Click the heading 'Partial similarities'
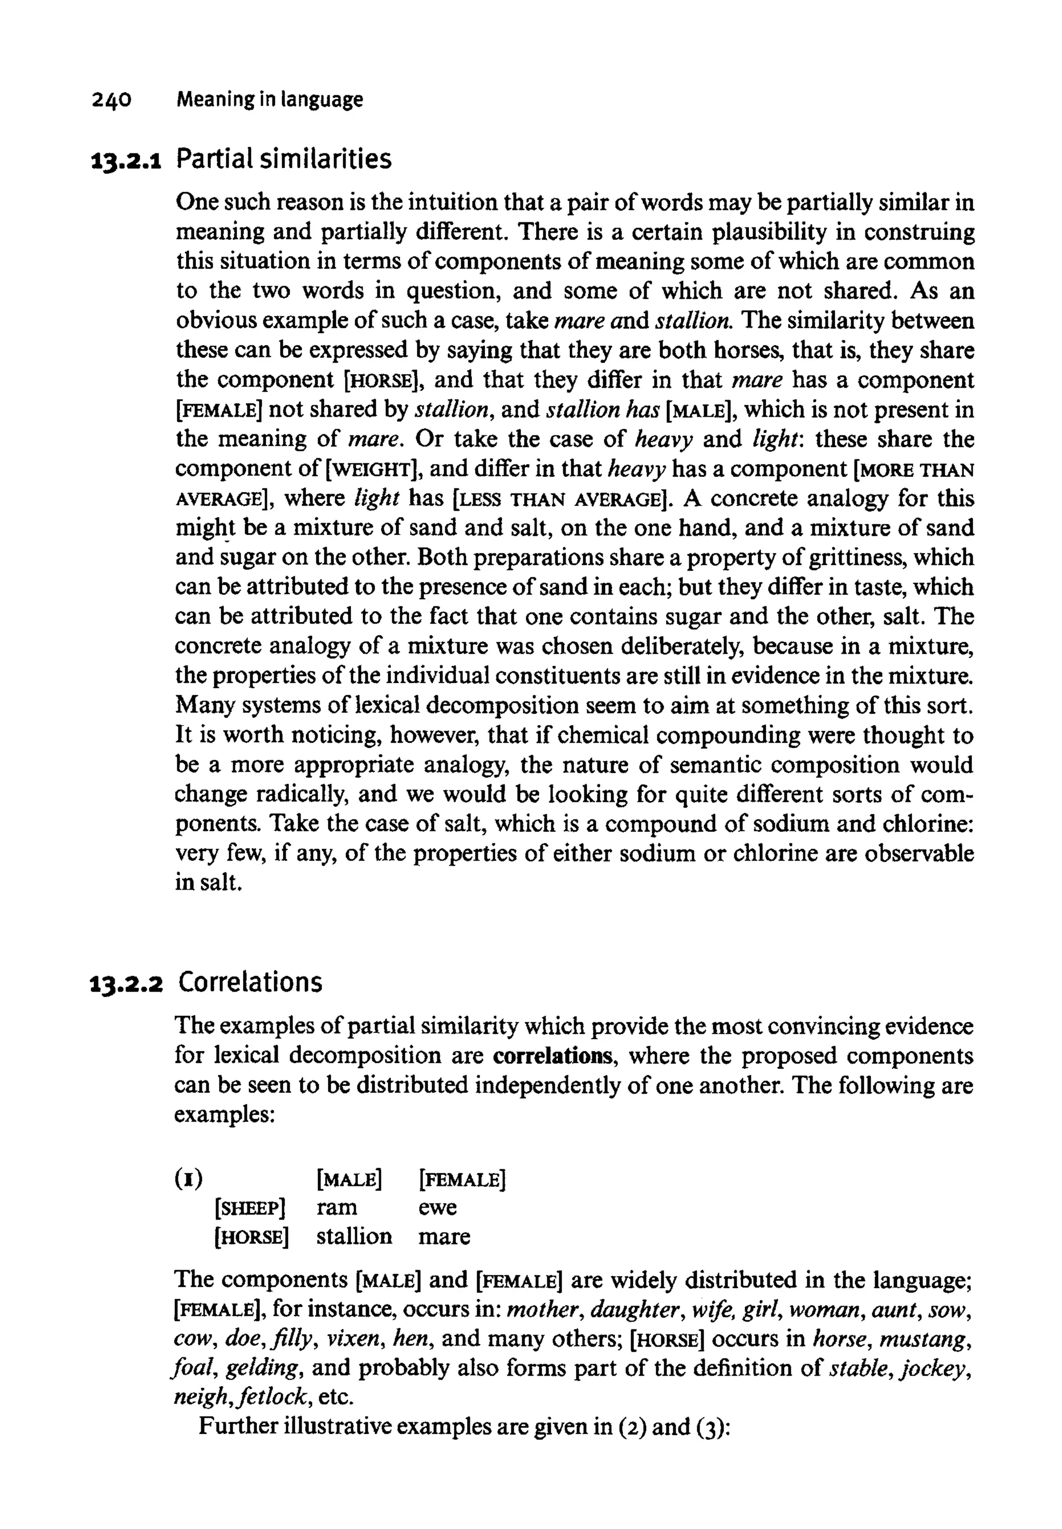click(284, 159)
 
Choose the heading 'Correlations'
click(250, 982)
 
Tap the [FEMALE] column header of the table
click(463, 1179)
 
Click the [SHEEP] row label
click(250, 1208)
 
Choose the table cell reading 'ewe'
click(437, 1208)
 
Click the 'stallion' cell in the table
click(354, 1237)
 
